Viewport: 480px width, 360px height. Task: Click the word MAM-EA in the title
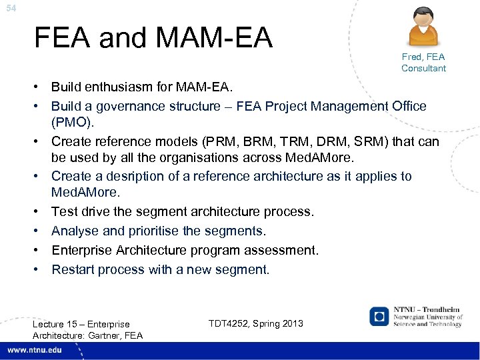click(203, 38)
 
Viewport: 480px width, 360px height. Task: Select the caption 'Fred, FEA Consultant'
click(423, 63)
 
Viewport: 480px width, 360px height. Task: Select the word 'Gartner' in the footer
click(108, 335)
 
